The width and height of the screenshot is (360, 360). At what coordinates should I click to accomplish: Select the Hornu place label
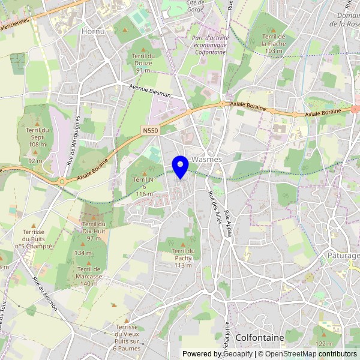pos(93,31)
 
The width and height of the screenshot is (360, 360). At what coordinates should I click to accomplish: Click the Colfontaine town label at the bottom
pos(260,338)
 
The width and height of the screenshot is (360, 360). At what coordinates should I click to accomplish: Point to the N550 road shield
pos(150,130)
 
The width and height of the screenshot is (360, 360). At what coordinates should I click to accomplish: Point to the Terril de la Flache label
pos(274,43)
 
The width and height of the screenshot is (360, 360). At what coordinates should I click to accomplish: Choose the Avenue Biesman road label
pos(150,91)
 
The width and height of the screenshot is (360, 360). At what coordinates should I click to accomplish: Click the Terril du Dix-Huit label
pos(93,231)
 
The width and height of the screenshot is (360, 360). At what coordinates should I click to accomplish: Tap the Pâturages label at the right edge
pos(344,256)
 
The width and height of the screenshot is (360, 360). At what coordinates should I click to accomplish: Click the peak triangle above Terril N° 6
pos(143,173)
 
